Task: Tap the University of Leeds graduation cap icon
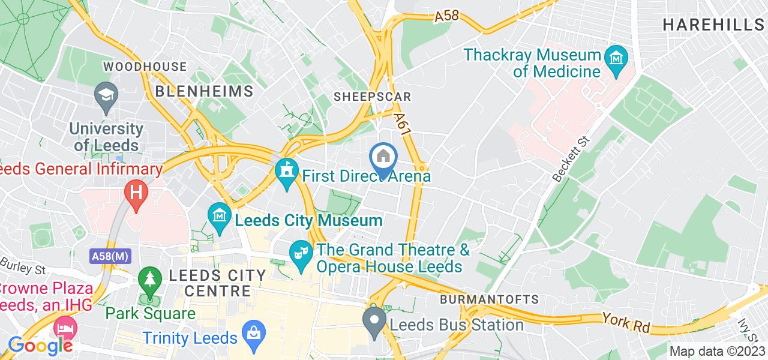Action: coord(106,95)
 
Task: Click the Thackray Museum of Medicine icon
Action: coord(616,59)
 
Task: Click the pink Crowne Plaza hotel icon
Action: coord(63,328)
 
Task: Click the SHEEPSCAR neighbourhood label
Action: coord(373,97)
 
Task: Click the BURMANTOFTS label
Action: coord(489,299)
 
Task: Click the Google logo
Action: coord(40,346)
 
